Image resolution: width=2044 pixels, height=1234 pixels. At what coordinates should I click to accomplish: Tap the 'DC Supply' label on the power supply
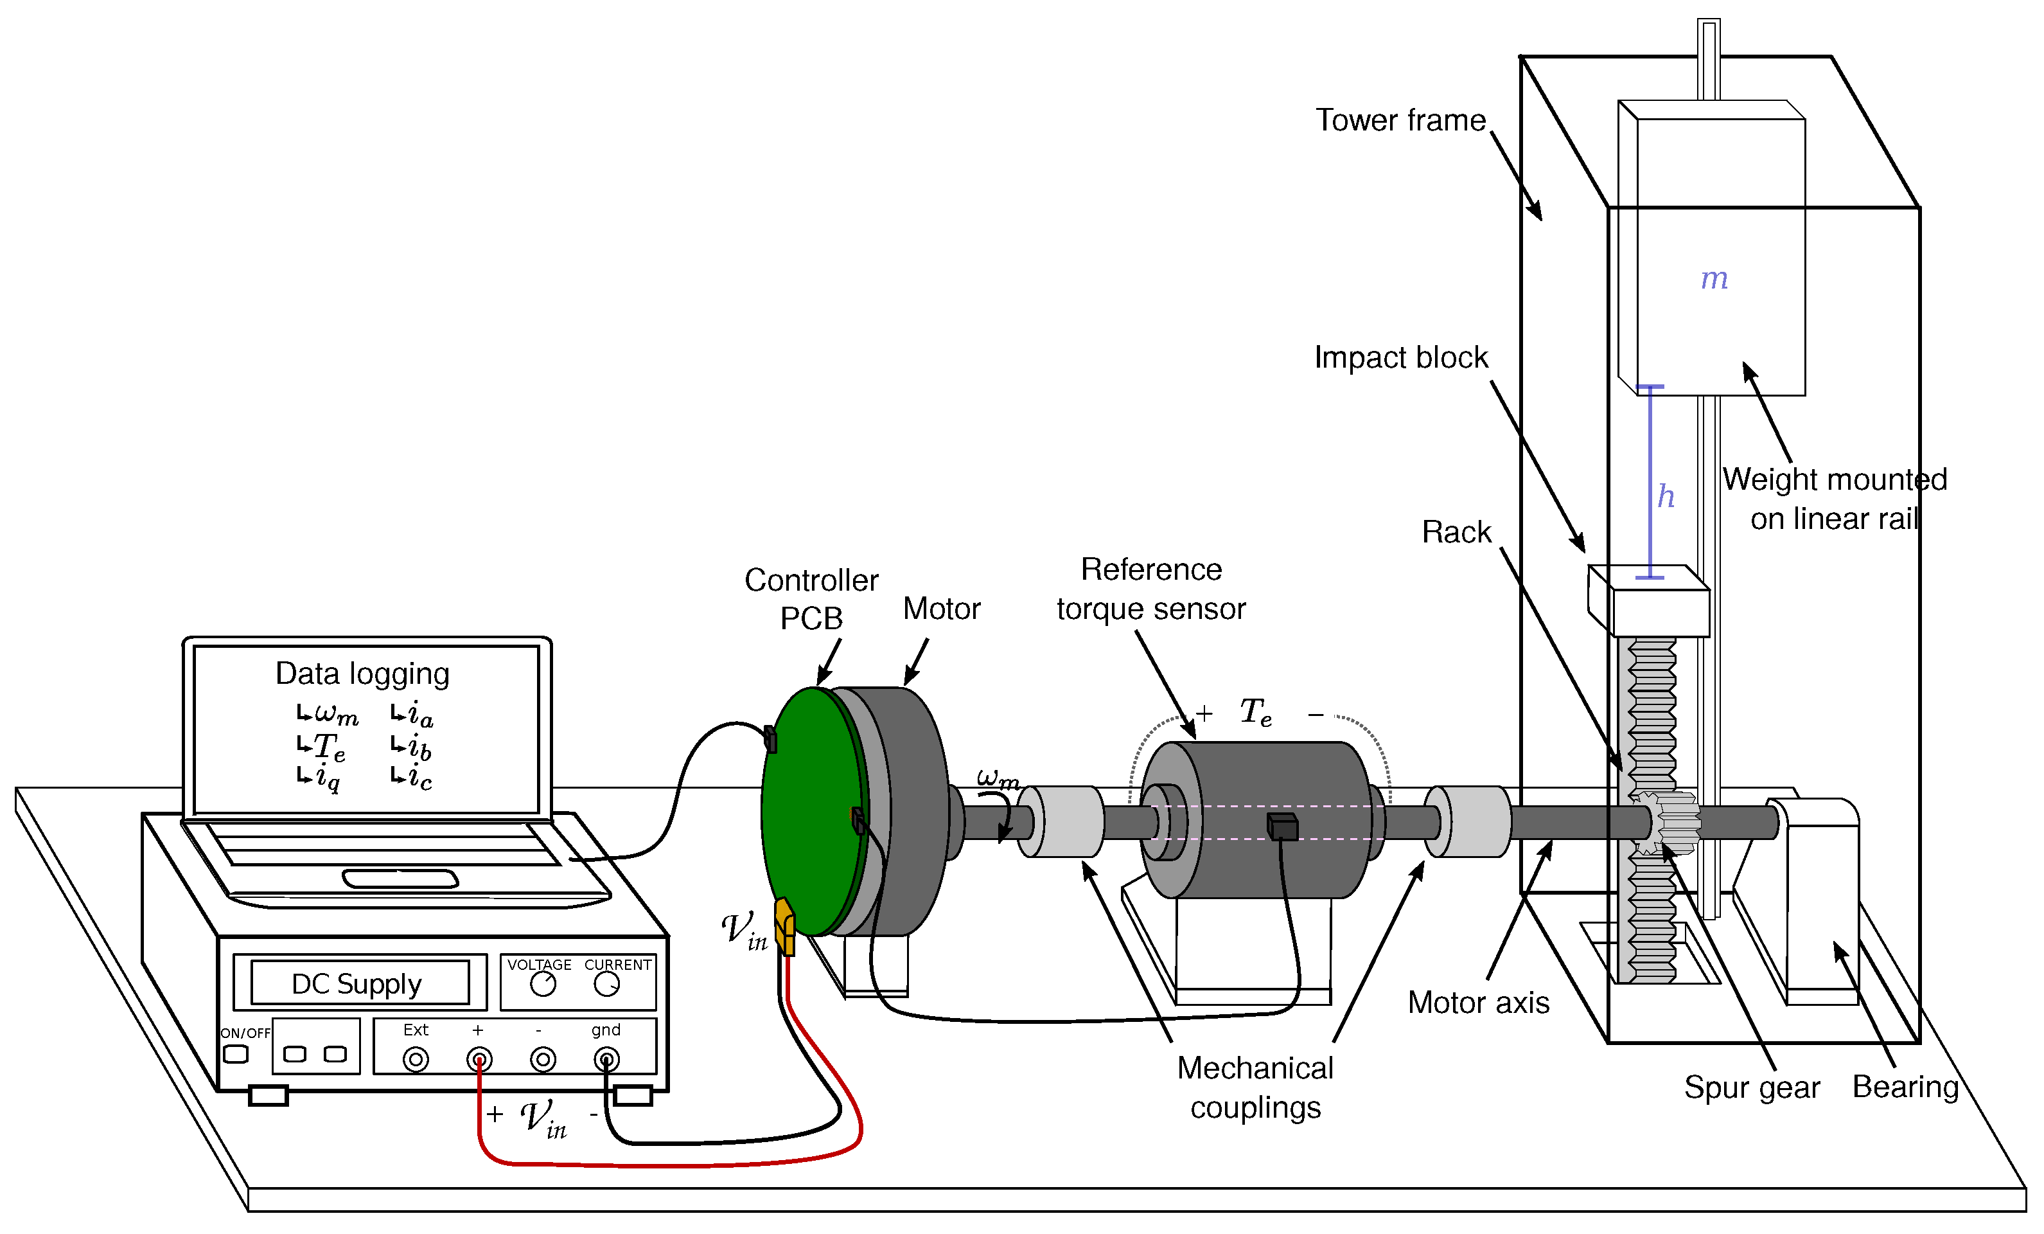point(357,984)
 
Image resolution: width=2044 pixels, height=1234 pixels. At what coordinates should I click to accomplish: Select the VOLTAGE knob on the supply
point(543,984)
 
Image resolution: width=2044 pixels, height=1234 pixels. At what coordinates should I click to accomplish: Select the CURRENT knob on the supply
point(607,984)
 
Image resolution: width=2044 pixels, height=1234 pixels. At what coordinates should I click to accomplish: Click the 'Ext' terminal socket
point(416,1060)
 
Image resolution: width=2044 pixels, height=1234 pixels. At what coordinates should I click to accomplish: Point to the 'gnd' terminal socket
point(606,1060)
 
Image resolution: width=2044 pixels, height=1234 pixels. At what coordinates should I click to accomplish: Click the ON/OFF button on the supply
point(236,1054)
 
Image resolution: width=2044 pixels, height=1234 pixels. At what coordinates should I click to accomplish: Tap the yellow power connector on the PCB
point(784,926)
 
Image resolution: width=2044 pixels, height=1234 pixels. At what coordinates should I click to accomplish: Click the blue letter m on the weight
point(1714,279)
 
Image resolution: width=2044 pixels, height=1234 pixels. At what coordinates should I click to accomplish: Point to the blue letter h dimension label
point(1666,496)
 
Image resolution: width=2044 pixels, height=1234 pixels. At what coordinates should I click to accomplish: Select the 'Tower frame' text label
point(1400,120)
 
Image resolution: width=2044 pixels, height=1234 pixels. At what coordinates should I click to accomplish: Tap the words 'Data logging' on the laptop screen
point(362,674)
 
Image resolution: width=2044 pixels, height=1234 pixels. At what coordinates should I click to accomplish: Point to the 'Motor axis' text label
point(1478,1003)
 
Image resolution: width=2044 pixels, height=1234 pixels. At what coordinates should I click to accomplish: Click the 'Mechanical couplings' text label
point(1255,1087)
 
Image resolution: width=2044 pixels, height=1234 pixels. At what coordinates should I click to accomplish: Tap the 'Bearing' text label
point(1905,1086)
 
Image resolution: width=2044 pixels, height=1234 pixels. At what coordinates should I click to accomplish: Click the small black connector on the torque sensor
point(1282,827)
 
